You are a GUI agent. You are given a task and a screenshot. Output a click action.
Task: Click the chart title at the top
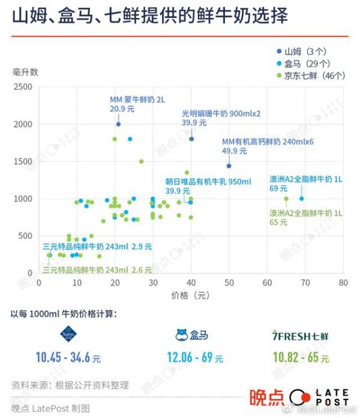coord(149,16)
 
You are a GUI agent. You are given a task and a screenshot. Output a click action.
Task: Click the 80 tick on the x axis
coord(343,283)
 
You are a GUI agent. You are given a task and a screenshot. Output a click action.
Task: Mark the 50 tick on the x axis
coord(229,283)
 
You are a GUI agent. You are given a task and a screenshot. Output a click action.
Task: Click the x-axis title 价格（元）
coord(190,296)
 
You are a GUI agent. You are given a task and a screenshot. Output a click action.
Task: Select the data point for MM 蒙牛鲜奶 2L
coord(118,124)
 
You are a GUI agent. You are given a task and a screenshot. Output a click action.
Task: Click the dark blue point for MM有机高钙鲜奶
coord(229,166)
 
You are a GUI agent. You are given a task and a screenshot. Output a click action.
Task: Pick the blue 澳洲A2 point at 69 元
coord(301,199)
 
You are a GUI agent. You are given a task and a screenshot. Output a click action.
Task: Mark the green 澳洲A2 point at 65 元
coord(286,199)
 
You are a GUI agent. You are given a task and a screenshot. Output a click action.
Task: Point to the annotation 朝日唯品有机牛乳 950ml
coord(208,182)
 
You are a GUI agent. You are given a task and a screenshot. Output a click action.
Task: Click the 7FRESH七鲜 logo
coord(301,335)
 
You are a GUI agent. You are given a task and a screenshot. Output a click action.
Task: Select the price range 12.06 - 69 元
coord(196,358)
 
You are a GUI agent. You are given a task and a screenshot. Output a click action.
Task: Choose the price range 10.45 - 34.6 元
coord(68,358)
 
